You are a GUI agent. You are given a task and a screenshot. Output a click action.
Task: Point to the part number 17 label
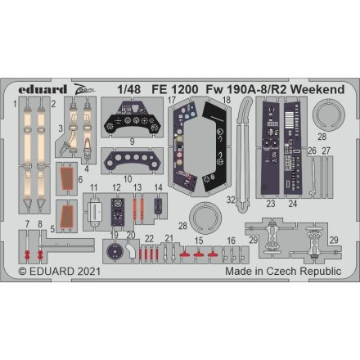click(x=172, y=101)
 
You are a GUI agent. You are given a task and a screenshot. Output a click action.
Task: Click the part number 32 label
click(x=232, y=199)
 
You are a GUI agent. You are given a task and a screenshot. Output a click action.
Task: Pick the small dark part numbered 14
click(x=157, y=208)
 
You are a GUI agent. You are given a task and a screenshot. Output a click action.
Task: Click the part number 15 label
click(x=198, y=241)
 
